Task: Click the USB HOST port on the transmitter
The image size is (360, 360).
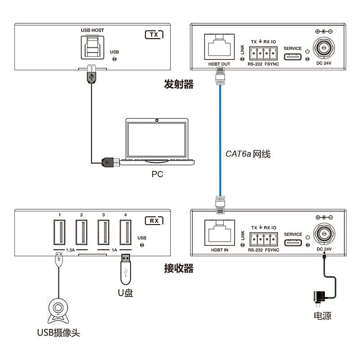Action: [x=92, y=46]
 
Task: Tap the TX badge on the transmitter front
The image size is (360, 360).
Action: [x=153, y=34]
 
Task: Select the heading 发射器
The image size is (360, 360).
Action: [x=179, y=84]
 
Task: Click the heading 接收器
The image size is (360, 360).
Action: [x=179, y=269]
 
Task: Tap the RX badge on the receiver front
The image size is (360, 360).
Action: [x=153, y=220]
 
